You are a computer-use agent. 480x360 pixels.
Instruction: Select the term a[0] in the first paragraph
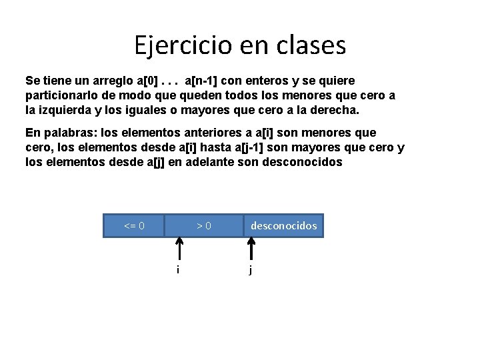tap(146, 81)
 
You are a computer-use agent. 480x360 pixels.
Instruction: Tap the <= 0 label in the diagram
tap(134, 226)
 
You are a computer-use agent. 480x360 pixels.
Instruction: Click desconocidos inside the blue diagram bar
tap(283, 226)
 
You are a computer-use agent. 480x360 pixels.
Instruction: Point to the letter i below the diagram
tap(177, 269)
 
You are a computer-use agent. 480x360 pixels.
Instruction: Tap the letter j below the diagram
tap(250, 270)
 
